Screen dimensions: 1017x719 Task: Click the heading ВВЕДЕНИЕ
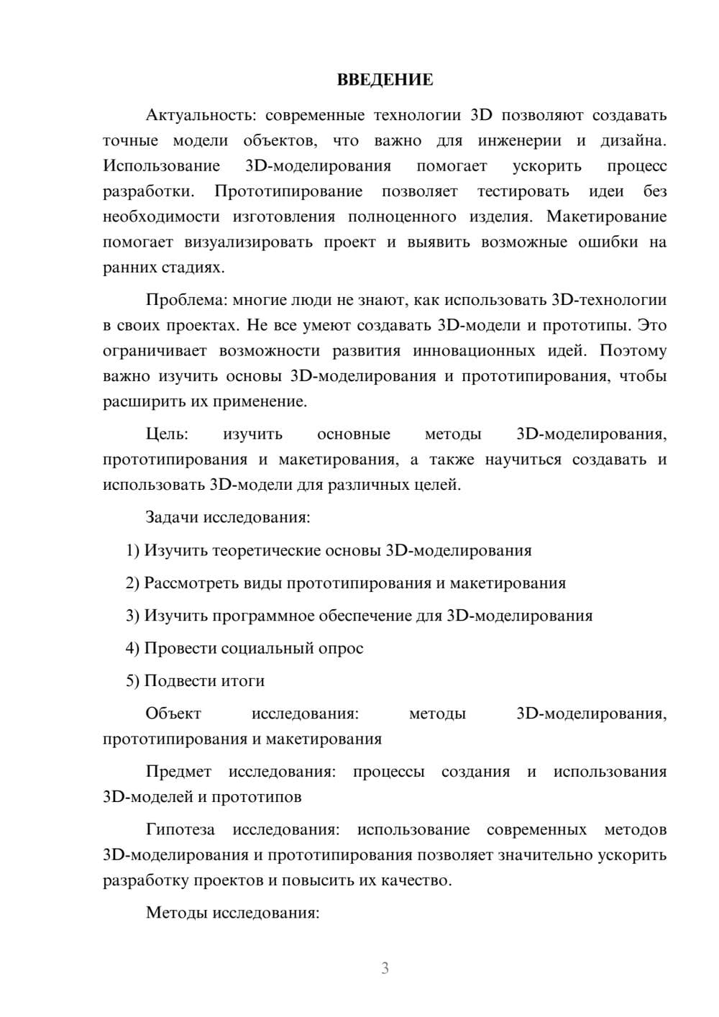[x=385, y=80]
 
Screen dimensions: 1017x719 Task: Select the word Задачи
[x=173, y=517]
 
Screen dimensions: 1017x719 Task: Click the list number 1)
[x=133, y=551]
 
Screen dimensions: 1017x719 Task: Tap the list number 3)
[x=133, y=616]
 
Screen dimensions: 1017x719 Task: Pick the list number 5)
[x=133, y=680]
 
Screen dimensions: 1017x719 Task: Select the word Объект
[x=173, y=713]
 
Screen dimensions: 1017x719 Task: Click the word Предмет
[x=178, y=772]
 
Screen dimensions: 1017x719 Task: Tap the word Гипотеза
[x=180, y=830]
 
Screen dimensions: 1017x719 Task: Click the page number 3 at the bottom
[x=385, y=968]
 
